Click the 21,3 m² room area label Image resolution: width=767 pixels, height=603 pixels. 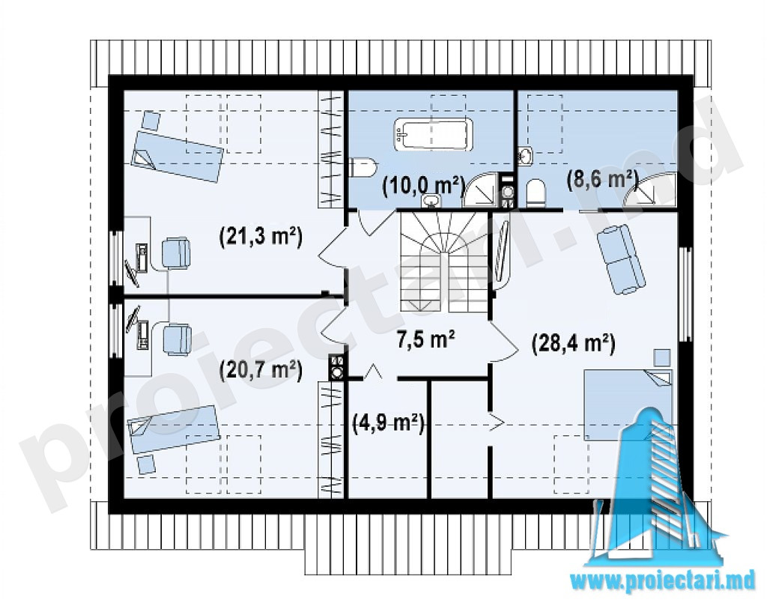[261, 237]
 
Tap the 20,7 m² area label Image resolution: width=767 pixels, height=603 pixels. [261, 370]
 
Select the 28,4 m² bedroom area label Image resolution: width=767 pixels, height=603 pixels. [573, 343]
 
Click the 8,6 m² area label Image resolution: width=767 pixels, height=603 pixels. [602, 180]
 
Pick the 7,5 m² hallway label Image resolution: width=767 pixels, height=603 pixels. [426, 339]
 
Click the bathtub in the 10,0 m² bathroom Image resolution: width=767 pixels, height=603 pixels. [433, 133]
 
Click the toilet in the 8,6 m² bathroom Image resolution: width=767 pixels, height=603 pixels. [536, 193]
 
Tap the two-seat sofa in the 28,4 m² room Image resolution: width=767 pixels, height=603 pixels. [621, 259]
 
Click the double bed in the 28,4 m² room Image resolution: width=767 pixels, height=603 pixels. [628, 405]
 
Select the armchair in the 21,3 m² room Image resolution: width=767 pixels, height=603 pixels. [175, 252]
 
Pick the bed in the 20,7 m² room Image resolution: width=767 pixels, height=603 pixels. [174, 430]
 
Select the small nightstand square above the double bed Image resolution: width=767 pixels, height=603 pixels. [662, 357]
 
